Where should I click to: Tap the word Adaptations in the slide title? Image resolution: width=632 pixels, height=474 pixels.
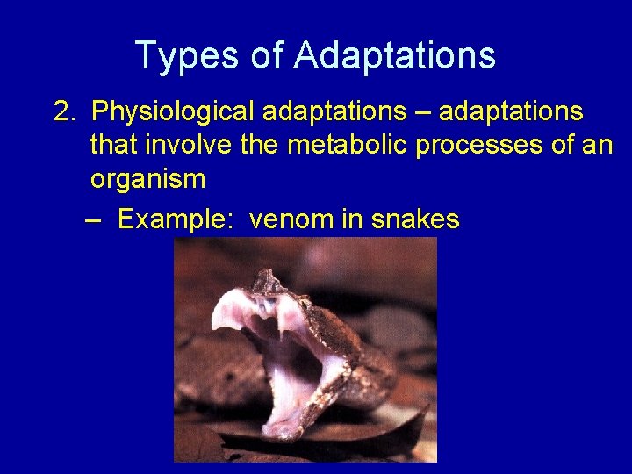pyautogui.click(x=395, y=56)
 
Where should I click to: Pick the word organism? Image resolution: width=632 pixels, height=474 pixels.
pyautogui.click(x=147, y=179)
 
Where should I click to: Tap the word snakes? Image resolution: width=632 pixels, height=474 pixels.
pyautogui.click(x=415, y=219)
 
